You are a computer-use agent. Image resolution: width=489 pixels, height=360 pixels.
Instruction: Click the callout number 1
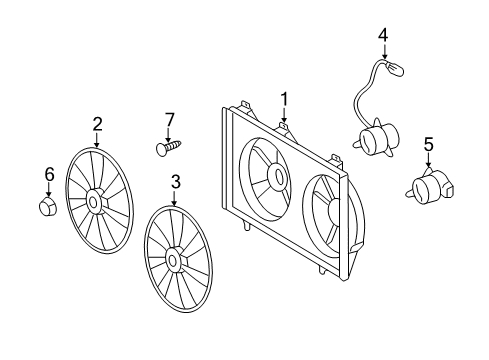(x=284, y=99)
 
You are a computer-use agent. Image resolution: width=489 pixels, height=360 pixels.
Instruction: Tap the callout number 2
(x=97, y=124)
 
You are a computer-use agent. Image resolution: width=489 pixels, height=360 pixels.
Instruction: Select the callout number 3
(x=175, y=182)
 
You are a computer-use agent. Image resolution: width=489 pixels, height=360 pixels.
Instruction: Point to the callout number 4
(x=382, y=35)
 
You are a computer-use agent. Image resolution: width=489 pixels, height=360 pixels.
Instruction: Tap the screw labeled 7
(x=169, y=148)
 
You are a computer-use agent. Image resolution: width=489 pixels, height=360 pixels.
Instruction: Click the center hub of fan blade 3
(x=174, y=261)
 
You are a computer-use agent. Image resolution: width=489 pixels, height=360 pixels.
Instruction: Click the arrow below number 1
(x=284, y=117)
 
